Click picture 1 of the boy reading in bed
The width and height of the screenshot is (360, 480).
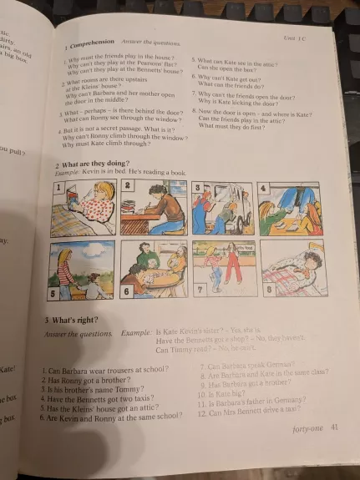(x=83, y=207)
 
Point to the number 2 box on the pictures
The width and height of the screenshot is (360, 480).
(x=129, y=184)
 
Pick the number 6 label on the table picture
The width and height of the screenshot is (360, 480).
(x=127, y=292)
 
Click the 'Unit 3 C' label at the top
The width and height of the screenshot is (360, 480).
(x=295, y=37)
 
